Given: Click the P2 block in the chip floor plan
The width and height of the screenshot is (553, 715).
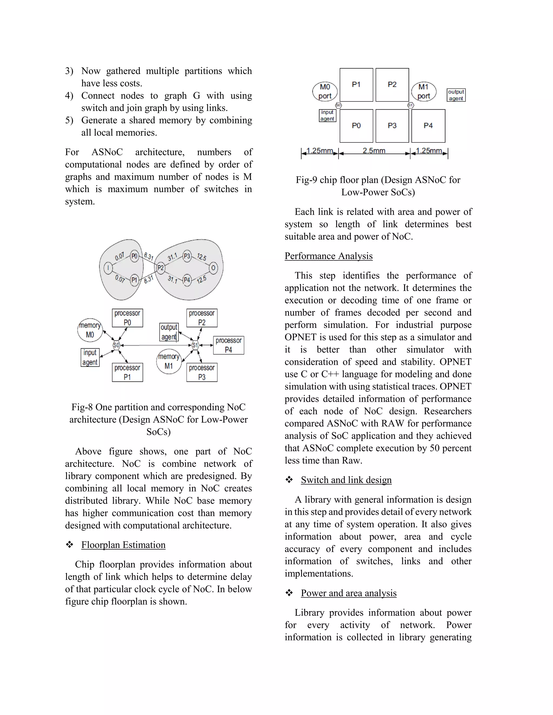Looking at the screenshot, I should click(x=392, y=85).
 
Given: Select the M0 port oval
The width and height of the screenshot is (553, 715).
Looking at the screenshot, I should click(x=325, y=91).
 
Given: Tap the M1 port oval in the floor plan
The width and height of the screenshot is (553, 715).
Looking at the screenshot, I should click(x=424, y=91).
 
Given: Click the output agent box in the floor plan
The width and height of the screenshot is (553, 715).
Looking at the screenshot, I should click(x=456, y=95).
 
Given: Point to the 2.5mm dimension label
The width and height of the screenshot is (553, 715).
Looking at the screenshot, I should click(x=374, y=151).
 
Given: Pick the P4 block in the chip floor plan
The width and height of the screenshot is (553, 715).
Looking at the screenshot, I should click(x=428, y=126).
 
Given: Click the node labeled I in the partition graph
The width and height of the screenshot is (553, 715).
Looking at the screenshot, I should click(x=108, y=268).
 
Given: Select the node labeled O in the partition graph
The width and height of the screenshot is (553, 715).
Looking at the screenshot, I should click(x=213, y=268).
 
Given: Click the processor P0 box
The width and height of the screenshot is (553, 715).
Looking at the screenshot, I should click(x=127, y=318).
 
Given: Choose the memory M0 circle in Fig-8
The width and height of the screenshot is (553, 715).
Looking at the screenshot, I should click(x=90, y=330).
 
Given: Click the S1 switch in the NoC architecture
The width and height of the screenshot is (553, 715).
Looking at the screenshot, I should click(x=195, y=345).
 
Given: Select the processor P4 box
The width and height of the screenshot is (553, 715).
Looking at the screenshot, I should click(x=228, y=345).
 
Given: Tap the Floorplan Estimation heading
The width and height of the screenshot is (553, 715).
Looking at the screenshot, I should click(x=123, y=545).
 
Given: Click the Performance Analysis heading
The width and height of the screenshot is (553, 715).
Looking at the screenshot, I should click(x=328, y=256).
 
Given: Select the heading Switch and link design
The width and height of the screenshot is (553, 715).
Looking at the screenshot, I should click(x=346, y=480).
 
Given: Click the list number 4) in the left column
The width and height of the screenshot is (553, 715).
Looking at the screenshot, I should click(x=69, y=96).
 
